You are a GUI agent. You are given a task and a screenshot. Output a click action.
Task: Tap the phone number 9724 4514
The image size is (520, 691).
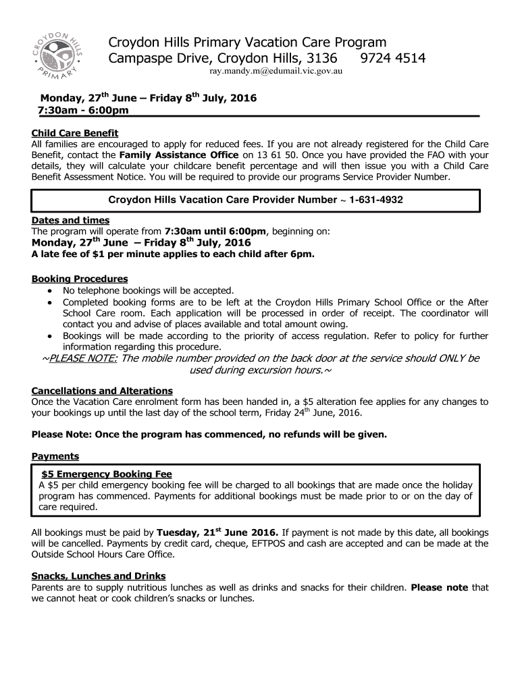pos(393,59)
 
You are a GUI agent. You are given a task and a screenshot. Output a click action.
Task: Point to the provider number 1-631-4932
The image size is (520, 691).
pos(377,200)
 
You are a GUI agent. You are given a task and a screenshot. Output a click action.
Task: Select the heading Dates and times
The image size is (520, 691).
pos(70,221)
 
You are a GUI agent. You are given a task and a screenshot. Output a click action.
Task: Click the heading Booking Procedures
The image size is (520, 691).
pos(80,279)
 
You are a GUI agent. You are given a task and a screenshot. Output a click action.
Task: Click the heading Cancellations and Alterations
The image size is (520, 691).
pos(102,391)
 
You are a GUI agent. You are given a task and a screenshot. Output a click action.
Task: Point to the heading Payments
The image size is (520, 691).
pos(55,457)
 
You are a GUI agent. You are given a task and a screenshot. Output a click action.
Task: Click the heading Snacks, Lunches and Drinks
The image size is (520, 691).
pos(99,576)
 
